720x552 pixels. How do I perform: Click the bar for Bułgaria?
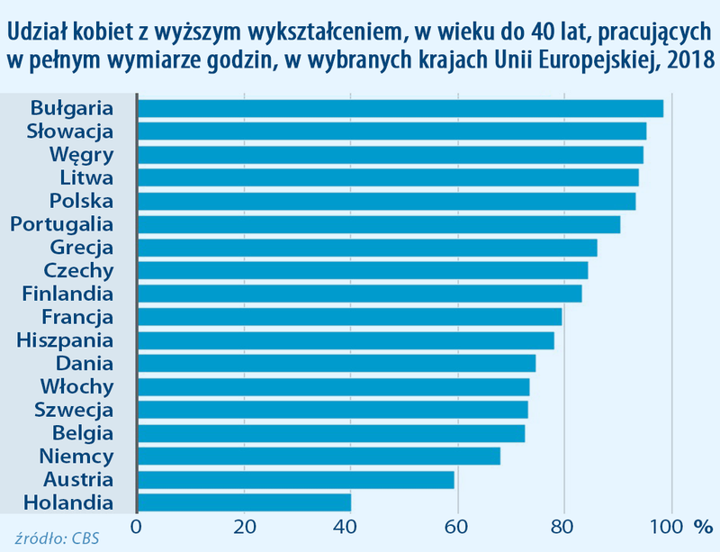click(x=400, y=108)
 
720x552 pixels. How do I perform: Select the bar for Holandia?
click(x=244, y=502)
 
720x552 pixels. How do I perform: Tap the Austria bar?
click(x=295, y=478)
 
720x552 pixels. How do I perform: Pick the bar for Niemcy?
click(x=318, y=456)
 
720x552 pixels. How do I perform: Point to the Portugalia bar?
click(x=378, y=224)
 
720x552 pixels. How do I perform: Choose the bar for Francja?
click(x=349, y=317)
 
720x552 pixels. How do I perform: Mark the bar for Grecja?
click(x=366, y=248)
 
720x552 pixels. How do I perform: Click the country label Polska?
click(x=82, y=201)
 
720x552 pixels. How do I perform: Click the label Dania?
click(x=85, y=364)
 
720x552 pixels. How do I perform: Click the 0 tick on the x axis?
click(x=137, y=526)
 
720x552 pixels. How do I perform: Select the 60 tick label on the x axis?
click(x=457, y=526)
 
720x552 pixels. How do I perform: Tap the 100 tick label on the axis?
click(x=669, y=526)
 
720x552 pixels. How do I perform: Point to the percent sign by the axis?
click(x=703, y=526)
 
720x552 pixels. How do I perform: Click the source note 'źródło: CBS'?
click(x=57, y=538)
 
